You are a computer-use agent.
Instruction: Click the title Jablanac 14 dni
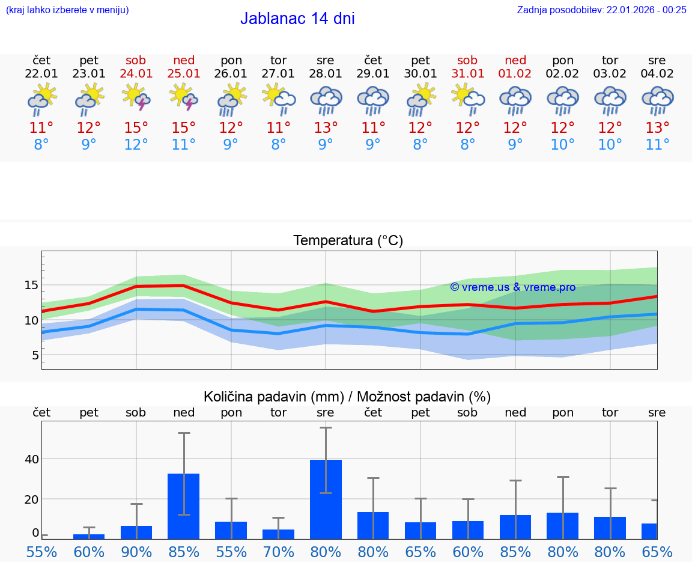[297, 19]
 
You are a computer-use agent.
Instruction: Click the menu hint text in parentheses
[67, 10]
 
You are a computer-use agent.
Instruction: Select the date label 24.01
[136, 74]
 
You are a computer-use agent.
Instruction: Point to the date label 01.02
[515, 74]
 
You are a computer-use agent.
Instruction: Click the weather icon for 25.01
[183, 98]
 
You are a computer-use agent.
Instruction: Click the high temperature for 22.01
[41, 128]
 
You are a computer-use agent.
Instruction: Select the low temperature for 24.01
[136, 145]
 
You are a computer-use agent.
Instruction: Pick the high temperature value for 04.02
[657, 128]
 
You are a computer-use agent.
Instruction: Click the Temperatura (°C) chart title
[348, 241]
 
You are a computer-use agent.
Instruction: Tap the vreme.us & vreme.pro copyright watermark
[512, 287]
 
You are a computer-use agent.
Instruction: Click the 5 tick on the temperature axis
[35, 355]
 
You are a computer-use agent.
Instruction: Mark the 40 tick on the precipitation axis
[31, 459]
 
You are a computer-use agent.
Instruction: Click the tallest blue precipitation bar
[326, 499]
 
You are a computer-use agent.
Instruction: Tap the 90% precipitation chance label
[136, 552]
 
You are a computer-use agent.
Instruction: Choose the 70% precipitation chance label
[278, 552]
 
